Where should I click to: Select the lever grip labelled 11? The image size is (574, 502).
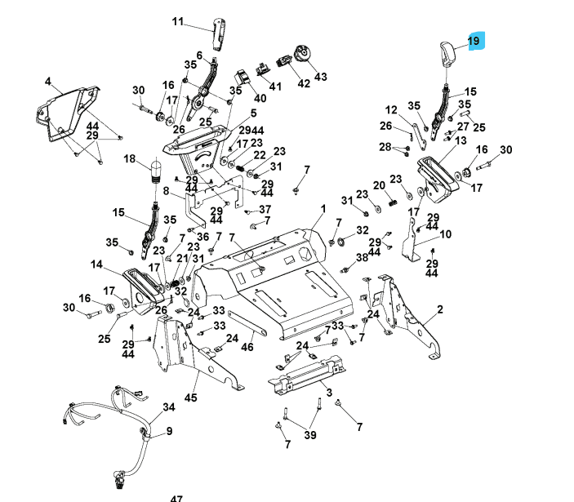point(218,33)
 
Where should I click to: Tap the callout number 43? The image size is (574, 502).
point(320,77)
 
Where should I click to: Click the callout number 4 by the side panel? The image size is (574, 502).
point(48,82)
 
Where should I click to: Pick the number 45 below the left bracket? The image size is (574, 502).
point(191,398)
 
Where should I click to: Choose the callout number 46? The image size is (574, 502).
point(247,348)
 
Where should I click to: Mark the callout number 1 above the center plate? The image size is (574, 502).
point(323,210)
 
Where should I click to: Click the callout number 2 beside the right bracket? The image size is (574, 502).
point(440,309)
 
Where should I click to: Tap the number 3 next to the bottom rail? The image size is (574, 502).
point(329,393)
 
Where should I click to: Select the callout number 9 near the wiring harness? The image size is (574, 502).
point(169,431)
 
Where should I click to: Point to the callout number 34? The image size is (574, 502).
point(169,406)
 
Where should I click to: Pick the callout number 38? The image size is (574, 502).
point(362,257)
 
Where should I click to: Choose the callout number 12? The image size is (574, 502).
point(391,110)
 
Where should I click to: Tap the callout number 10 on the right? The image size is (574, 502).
point(445,235)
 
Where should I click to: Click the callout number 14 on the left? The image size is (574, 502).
point(96,264)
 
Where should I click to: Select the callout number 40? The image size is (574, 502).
point(260,98)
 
